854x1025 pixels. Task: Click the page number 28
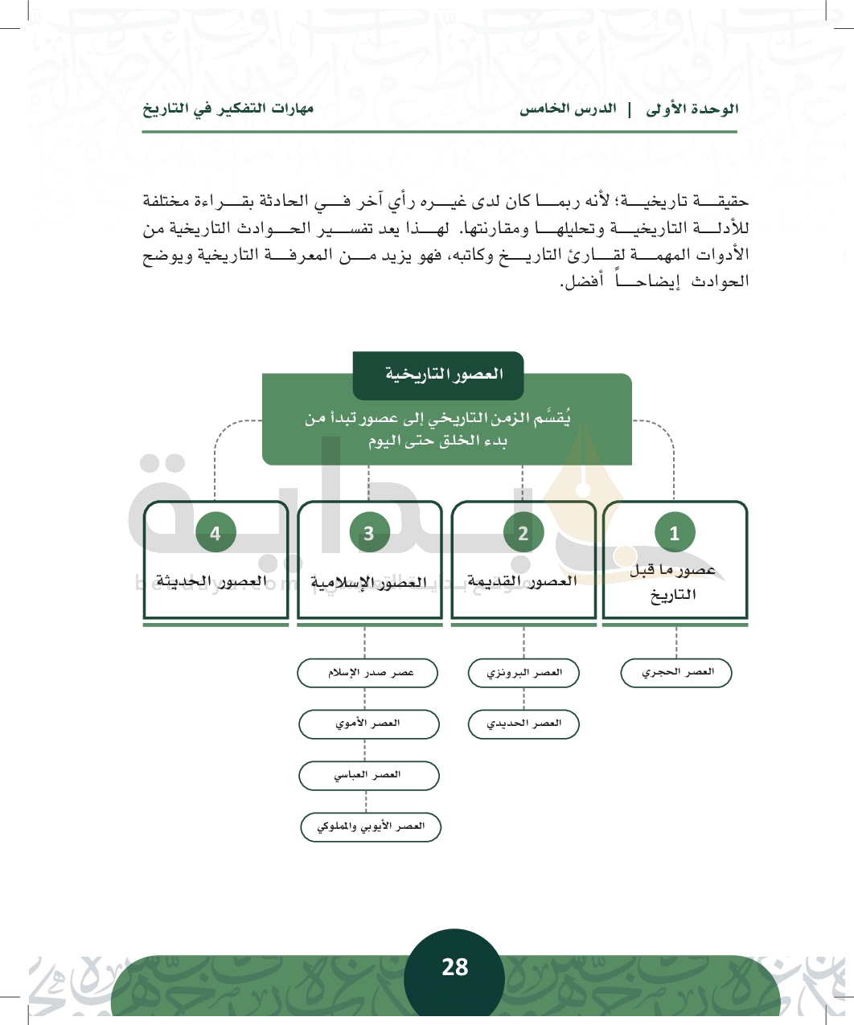pyautogui.click(x=454, y=967)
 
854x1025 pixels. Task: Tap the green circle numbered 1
pyautogui.click(x=674, y=532)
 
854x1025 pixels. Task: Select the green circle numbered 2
pyautogui.click(x=523, y=532)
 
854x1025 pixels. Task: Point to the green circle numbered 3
pyautogui.click(x=369, y=532)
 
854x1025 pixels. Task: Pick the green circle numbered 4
pyautogui.click(x=216, y=532)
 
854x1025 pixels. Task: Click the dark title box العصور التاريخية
pyautogui.click(x=438, y=375)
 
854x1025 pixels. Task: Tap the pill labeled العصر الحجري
pyautogui.click(x=676, y=673)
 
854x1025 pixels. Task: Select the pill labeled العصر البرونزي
pyautogui.click(x=523, y=673)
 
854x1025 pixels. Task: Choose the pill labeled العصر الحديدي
pyautogui.click(x=523, y=724)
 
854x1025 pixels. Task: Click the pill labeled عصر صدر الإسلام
pyautogui.click(x=367, y=673)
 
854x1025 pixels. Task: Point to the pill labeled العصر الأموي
pyautogui.click(x=368, y=724)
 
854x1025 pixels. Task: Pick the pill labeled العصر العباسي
pyautogui.click(x=368, y=776)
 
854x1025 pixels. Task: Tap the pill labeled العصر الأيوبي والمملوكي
pyautogui.click(x=371, y=826)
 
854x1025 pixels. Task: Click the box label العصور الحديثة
pyautogui.click(x=212, y=581)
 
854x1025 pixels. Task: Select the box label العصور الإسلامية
pyautogui.click(x=368, y=582)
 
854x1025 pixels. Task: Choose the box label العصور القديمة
pyautogui.click(x=523, y=581)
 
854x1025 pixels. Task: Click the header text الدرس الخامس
pyautogui.click(x=568, y=109)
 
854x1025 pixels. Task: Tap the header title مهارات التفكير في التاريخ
pyautogui.click(x=228, y=109)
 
